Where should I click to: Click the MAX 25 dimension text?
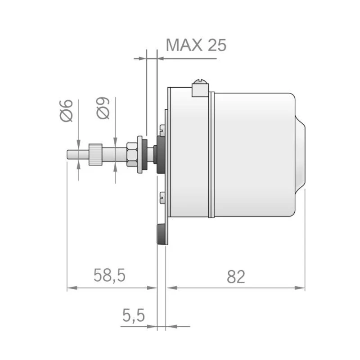click(196, 45)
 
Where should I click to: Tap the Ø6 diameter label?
click(66, 110)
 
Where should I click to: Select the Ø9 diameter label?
click(103, 108)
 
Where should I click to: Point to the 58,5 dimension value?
click(109, 276)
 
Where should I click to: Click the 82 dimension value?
click(236, 277)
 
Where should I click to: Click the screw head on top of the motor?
click(200, 83)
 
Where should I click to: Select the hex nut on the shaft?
click(131, 154)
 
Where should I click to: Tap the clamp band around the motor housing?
click(211, 155)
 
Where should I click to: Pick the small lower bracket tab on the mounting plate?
click(162, 196)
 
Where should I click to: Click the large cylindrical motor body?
click(252, 155)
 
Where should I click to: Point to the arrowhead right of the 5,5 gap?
click(170, 326)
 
